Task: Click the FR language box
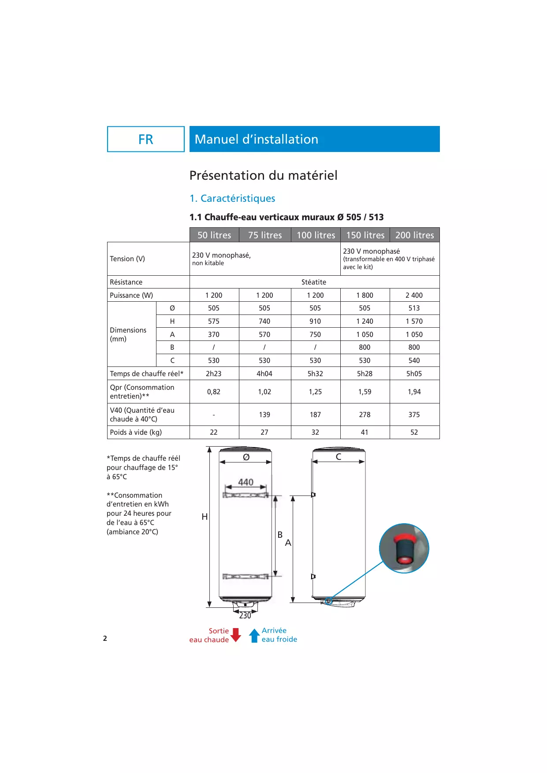(x=146, y=139)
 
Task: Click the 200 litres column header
(x=414, y=235)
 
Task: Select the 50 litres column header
(x=214, y=235)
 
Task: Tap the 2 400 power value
(x=414, y=295)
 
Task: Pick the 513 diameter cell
(x=414, y=308)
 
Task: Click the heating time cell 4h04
(x=264, y=374)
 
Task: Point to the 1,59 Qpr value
(x=365, y=392)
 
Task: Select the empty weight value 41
(x=365, y=432)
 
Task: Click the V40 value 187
(x=315, y=414)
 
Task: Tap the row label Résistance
(x=126, y=282)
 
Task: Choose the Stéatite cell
(x=314, y=282)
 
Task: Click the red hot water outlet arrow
(x=236, y=635)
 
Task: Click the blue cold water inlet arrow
(x=254, y=635)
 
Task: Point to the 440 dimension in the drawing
(x=246, y=482)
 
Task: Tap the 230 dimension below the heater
(x=245, y=615)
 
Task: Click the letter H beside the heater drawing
(x=205, y=517)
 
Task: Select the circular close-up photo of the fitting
(x=404, y=548)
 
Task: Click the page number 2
(x=105, y=638)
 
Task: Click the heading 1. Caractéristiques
(x=232, y=198)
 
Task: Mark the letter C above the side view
(x=339, y=457)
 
